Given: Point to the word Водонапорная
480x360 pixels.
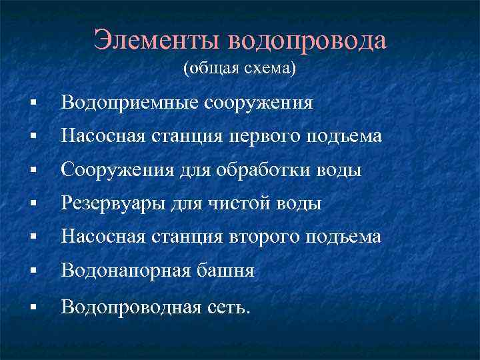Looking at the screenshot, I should [127, 271].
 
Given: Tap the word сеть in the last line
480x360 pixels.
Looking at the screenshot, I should [229, 306].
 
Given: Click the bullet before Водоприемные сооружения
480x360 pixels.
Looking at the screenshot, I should [32, 104].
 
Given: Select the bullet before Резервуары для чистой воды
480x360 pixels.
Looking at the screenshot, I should [32, 205].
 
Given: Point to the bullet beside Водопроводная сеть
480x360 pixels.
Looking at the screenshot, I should [32, 307].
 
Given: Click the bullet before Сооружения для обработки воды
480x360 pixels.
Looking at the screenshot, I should [32, 171].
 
